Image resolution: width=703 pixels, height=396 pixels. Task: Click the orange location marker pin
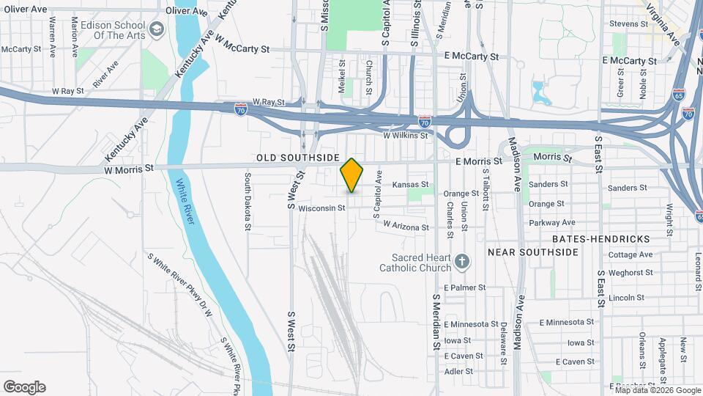[352, 175]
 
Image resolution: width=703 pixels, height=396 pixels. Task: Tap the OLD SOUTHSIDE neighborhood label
[298, 158]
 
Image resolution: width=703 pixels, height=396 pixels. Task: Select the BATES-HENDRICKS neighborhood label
[600, 240]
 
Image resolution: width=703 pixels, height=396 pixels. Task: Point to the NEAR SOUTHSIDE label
[533, 252]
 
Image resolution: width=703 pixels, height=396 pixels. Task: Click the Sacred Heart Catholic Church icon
[461, 260]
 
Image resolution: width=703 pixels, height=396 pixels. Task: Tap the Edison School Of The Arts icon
[156, 29]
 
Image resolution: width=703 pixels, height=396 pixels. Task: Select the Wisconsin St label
[321, 208]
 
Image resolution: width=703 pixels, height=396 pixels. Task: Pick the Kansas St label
[410, 185]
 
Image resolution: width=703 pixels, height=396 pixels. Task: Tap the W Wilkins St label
[405, 136]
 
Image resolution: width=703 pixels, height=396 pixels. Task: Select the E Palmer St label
[464, 287]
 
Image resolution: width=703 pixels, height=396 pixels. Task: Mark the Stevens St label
[628, 24]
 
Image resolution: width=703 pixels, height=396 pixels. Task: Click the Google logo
[24, 386]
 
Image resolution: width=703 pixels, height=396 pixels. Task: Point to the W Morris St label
[129, 168]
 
